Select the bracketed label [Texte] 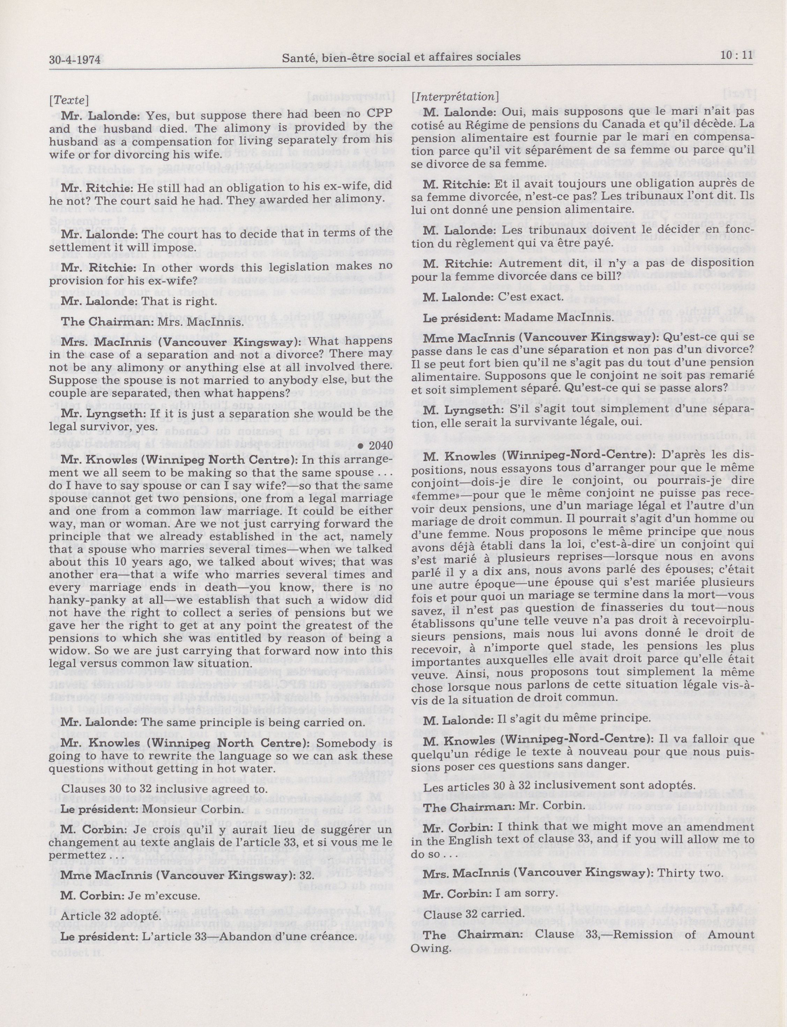(x=69, y=100)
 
